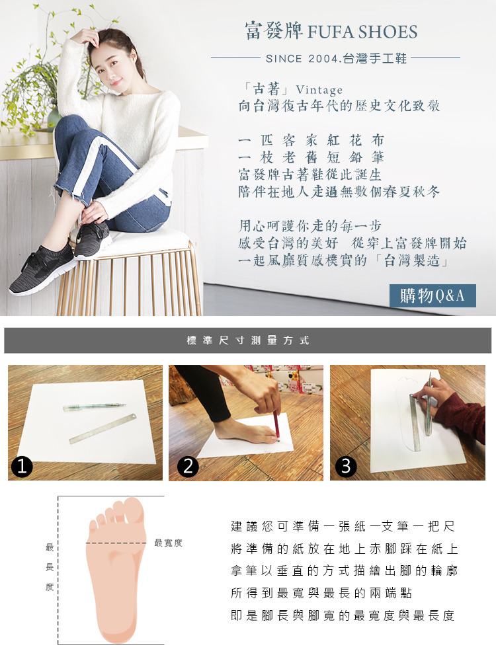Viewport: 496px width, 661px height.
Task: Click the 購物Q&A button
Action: pyautogui.click(x=433, y=295)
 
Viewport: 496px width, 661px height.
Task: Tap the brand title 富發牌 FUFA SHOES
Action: pyautogui.click(x=331, y=32)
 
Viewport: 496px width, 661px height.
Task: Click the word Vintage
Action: pyautogui.click(x=319, y=90)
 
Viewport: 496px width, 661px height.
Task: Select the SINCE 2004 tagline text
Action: pyautogui.click(x=336, y=58)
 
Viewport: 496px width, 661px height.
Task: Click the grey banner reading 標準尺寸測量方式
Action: pyautogui.click(x=247, y=340)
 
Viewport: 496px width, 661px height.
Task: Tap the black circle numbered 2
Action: pyautogui.click(x=188, y=466)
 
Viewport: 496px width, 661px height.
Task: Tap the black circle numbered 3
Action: pyautogui.click(x=346, y=466)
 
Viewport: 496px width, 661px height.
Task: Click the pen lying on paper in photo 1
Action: pyautogui.click(x=94, y=407)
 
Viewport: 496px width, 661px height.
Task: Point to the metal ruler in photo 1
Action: pyautogui.click(x=104, y=429)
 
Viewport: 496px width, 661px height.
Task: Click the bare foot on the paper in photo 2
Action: pyautogui.click(x=245, y=432)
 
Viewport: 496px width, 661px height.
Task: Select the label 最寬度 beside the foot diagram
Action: pyautogui.click(x=168, y=543)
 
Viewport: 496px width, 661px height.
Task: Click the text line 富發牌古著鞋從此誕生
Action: pyautogui.click(x=310, y=175)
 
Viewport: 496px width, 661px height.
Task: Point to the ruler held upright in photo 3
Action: pyautogui.click(x=415, y=422)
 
